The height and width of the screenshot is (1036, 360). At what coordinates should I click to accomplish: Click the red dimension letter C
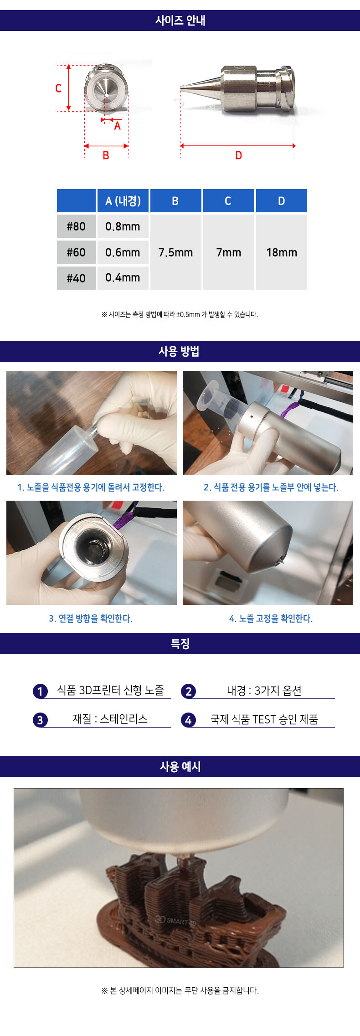click(58, 88)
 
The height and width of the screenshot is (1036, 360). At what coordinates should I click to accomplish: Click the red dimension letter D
click(238, 155)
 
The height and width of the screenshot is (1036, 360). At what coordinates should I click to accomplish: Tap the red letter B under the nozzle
click(106, 155)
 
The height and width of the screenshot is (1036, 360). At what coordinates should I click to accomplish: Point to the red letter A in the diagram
click(118, 126)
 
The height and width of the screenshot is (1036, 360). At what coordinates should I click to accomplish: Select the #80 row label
click(76, 226)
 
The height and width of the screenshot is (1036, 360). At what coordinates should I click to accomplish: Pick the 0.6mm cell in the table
click(123, 252)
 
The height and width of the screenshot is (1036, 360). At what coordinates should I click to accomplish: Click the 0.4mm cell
click(123, 277)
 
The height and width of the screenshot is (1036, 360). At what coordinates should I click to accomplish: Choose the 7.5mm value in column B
click(175, 252)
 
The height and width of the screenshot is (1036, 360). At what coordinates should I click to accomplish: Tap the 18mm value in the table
click(282, 252)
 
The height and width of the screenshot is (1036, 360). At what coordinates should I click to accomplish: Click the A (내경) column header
click(123, 201)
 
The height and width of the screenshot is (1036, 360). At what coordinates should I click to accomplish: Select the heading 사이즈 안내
click(180, 21)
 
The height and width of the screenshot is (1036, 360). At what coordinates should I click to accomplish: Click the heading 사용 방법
click(179, 351)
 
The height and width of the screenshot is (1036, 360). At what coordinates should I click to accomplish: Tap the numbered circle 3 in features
click(40, 720)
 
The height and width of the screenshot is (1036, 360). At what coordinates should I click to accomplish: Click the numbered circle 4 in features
click(188, 720)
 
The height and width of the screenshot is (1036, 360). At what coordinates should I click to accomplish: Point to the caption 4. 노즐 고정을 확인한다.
click(271, 618)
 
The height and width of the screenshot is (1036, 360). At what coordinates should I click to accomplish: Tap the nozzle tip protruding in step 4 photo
click(280, 560)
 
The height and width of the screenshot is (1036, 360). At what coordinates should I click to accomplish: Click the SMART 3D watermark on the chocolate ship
click(176, 921)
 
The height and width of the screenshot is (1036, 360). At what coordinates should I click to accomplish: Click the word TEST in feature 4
click(264, 719)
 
